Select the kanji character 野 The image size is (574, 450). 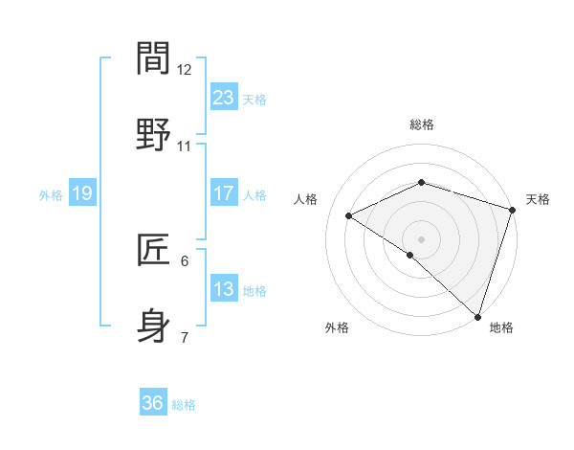(154, 134)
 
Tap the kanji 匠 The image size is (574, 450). (154, 250)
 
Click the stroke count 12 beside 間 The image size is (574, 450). (185, 70)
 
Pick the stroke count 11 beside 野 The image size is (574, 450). (185, 146)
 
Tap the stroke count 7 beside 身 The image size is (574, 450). (185, 338)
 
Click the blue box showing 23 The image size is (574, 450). (224, 98)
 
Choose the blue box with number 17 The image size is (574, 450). (224, 193)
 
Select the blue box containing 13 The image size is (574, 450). (224, 289)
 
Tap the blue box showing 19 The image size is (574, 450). (82, 193)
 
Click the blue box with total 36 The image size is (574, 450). (153, 403)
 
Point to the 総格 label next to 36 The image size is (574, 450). (184, 405)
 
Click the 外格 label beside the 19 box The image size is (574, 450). (51, 195)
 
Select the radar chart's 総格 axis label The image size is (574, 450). (421, 124)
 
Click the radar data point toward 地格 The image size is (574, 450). (477, 316)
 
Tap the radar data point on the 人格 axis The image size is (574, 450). (349, 216)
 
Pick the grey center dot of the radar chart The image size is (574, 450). (421, 238)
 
